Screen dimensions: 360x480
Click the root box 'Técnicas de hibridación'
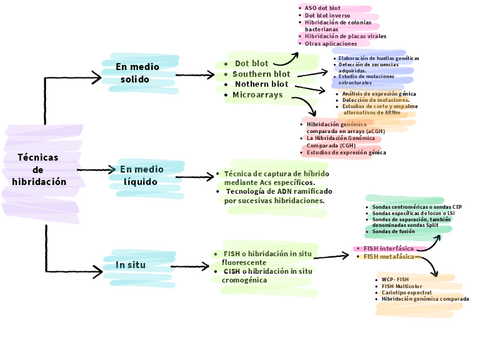click(x=39, y=170)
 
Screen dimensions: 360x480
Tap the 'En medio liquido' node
click(x=146, y=176)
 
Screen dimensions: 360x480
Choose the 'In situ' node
click(x=130, y=265)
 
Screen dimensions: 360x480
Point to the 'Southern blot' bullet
click(x=261, y=74)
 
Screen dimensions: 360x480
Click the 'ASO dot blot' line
click(x=326, y=8)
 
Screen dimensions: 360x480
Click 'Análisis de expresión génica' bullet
click(x=385, y=93)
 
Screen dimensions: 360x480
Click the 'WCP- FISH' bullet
click(x=395, y=279)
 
